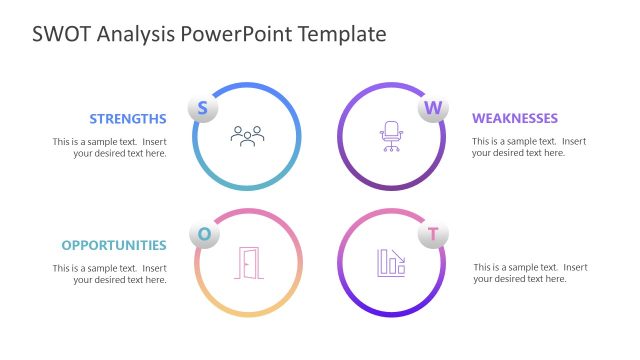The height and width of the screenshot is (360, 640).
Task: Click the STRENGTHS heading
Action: [x=127, y=118]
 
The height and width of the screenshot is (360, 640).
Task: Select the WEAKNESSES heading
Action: [x=515, y=118]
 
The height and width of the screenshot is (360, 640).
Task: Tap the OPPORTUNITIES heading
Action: [x=114, y=245]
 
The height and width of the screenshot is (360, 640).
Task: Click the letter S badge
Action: [x=202, y=108]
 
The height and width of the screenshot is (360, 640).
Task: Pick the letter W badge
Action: [x=433, y=108]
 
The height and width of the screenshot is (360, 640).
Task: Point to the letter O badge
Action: [x=204, y=234]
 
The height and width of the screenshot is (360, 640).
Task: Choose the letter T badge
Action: [x=433, y=235]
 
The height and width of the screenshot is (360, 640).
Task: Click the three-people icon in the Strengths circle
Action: [x=247, y=134]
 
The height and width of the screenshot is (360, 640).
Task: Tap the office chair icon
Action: [x=390, y=135]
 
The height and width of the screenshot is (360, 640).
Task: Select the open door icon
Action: [x=248, y=262]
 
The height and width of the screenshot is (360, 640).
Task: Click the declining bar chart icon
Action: [x=391, y=262]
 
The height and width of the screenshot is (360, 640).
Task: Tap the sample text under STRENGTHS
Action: [x=110, y=147]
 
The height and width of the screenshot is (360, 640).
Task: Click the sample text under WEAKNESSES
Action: [x=529, y=147]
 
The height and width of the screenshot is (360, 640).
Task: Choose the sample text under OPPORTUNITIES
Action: [x=110, y=274]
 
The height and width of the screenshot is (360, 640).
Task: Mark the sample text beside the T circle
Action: [x=530, y=273]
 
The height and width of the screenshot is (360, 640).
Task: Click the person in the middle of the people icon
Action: [x=247, y=132]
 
